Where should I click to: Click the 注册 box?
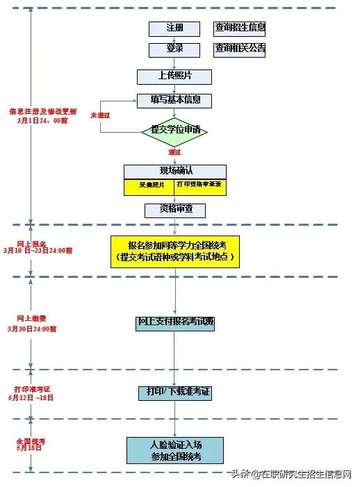click(174, 28)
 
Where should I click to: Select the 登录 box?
click(174, 50)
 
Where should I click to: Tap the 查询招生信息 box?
click(240, 28)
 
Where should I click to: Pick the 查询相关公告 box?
click(240, 49)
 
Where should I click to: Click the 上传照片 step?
click(174, 77)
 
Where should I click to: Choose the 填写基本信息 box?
click(174, 101)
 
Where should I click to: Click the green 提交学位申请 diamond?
click(174, 130)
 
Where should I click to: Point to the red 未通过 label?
click(100, 113)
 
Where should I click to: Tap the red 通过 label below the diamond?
click(174, 151)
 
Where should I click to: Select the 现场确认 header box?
click(175, 172)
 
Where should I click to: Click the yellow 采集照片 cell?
click(148, 186)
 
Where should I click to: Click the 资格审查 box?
click(175, 209)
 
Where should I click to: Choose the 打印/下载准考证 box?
click(174, 393)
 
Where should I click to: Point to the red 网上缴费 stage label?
click(31, 318)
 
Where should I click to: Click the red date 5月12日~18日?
click(31, 398)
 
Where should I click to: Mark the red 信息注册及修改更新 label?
click(42, 111)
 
